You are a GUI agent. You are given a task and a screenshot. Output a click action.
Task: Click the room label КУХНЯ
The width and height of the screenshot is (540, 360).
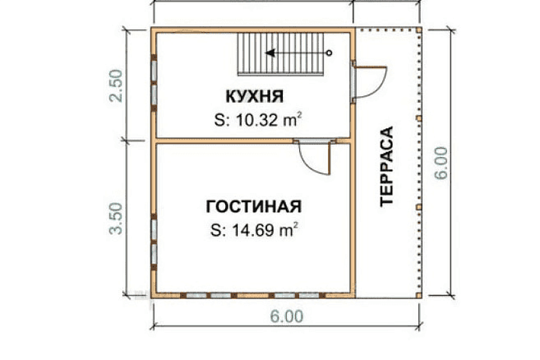pos(254,97)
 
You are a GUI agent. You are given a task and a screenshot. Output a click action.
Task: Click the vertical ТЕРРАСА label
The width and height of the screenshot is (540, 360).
pos(387,166)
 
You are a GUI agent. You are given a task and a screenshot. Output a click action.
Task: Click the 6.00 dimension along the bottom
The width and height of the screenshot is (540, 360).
pos(286,316)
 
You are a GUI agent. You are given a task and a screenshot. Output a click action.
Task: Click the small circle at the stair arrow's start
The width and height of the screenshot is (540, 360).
pos(329,52)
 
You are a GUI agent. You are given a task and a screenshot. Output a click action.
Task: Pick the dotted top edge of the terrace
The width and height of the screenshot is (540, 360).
pos(386,29)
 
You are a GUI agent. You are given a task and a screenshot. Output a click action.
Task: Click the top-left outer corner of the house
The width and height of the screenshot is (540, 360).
pos(153,29)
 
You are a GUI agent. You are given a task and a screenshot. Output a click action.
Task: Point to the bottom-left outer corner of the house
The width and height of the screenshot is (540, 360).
pos(153,297)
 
